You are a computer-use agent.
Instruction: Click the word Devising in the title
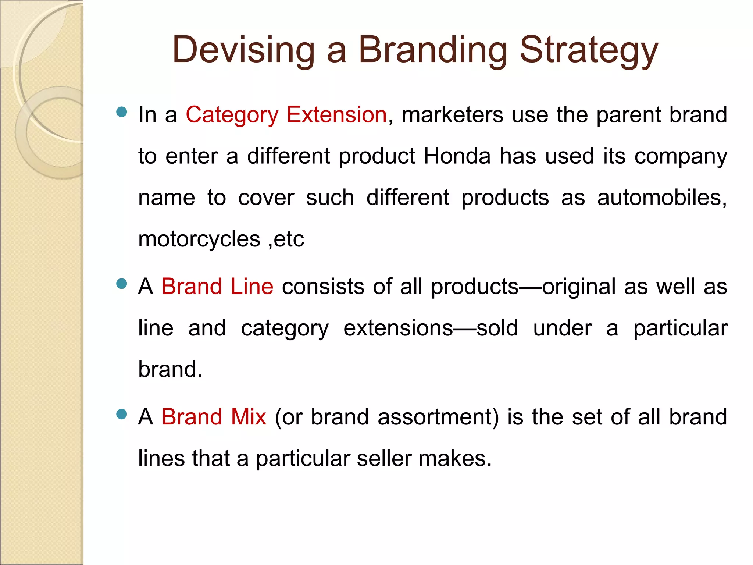243,50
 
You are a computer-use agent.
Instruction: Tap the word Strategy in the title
589,50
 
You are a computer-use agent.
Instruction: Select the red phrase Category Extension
286,115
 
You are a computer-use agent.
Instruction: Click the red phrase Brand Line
217,287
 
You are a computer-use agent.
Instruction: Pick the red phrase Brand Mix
214,417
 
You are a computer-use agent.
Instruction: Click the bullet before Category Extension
121,112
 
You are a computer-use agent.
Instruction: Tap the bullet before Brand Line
121,284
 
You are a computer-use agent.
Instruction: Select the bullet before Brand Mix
121,415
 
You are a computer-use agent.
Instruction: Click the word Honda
457,156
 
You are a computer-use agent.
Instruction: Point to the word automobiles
662,198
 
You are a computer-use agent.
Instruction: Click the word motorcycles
199,239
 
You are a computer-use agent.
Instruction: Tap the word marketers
452,115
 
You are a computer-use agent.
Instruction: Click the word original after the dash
579,287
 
